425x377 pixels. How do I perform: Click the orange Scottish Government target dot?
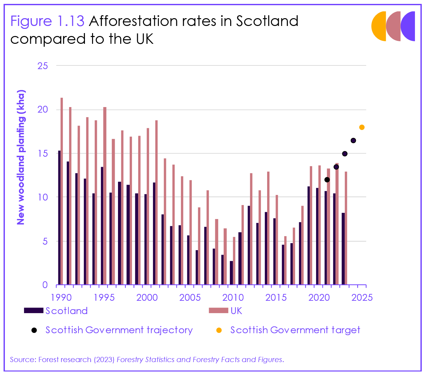click(362, 127)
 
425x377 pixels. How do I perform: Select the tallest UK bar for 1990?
click(62, 191)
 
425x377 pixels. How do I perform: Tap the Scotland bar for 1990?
click(59, 217)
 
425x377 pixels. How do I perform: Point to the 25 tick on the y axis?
click(43, 66)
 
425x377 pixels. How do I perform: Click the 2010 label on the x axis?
click(233, 297)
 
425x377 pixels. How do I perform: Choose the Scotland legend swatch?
click(34, 311)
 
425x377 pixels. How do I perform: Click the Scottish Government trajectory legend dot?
click(34, 330)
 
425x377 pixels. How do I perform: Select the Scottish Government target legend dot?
click(219, 330)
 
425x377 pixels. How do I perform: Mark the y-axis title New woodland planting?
click(21, 157)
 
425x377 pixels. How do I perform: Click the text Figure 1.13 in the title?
click(47, 21)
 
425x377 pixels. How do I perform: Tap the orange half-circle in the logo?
click(379, 26)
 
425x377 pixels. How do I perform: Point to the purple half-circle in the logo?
click(408, 26)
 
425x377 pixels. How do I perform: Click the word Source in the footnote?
click(22, 359)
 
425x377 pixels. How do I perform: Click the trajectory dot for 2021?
click(327, 180)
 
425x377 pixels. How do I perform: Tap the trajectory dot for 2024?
click(353, 140)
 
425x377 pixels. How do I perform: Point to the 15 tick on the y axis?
click(43, 153)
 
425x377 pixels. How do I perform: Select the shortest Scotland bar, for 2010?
click(231, 273)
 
